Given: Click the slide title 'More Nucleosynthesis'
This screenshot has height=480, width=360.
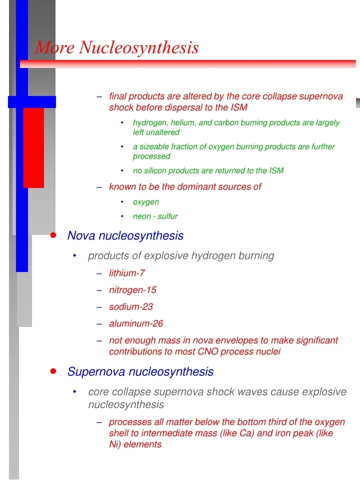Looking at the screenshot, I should pyautogui.click(x=117, y=48).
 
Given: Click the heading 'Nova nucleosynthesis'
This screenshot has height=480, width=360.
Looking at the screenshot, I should pyautogui.click(x=125, y=235).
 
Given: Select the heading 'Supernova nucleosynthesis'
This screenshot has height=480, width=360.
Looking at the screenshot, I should pyautogui.click(x=140, y=372).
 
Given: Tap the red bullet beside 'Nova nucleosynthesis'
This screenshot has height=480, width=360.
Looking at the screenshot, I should pyautogui.click(x=53, y=235).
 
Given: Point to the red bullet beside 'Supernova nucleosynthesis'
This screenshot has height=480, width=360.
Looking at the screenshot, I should pyautogui.click(x=53, y=371).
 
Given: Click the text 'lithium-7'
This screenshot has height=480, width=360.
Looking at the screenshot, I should pyautogui.click(x=127, y=273).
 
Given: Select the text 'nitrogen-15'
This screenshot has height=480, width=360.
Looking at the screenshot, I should pyautogui.click(x=132, y=290).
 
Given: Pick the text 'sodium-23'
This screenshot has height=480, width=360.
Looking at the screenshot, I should pyautogui.click(x=131, y=307).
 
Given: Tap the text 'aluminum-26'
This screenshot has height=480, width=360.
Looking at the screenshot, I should pyautogui.click(x=136, y=324).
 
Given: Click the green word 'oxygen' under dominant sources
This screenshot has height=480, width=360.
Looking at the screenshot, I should pyautogui.click(x=146, y=202).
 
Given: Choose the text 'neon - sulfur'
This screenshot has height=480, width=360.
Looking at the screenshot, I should pyautogui.click(x=155, y=216).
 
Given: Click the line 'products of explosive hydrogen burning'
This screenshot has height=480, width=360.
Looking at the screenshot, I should pyautogui.click(x=181, y=256).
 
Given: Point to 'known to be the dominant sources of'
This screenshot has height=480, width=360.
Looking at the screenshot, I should pyautogui.click(x=185, y=186).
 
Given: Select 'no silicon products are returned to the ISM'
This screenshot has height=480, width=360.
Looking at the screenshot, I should pyautogui.click(x=208, y=171).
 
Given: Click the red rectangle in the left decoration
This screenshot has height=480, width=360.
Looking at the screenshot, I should pyautogui.click(x=33, y=147).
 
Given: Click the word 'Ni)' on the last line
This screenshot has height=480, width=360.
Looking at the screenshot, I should pyautogui.click(x=115, y=444).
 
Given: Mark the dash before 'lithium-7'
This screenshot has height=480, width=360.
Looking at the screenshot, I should pyautogui.click(x=99, y=273).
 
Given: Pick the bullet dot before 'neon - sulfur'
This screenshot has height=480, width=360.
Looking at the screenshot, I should pyautogui.click(x=122, y=216).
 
